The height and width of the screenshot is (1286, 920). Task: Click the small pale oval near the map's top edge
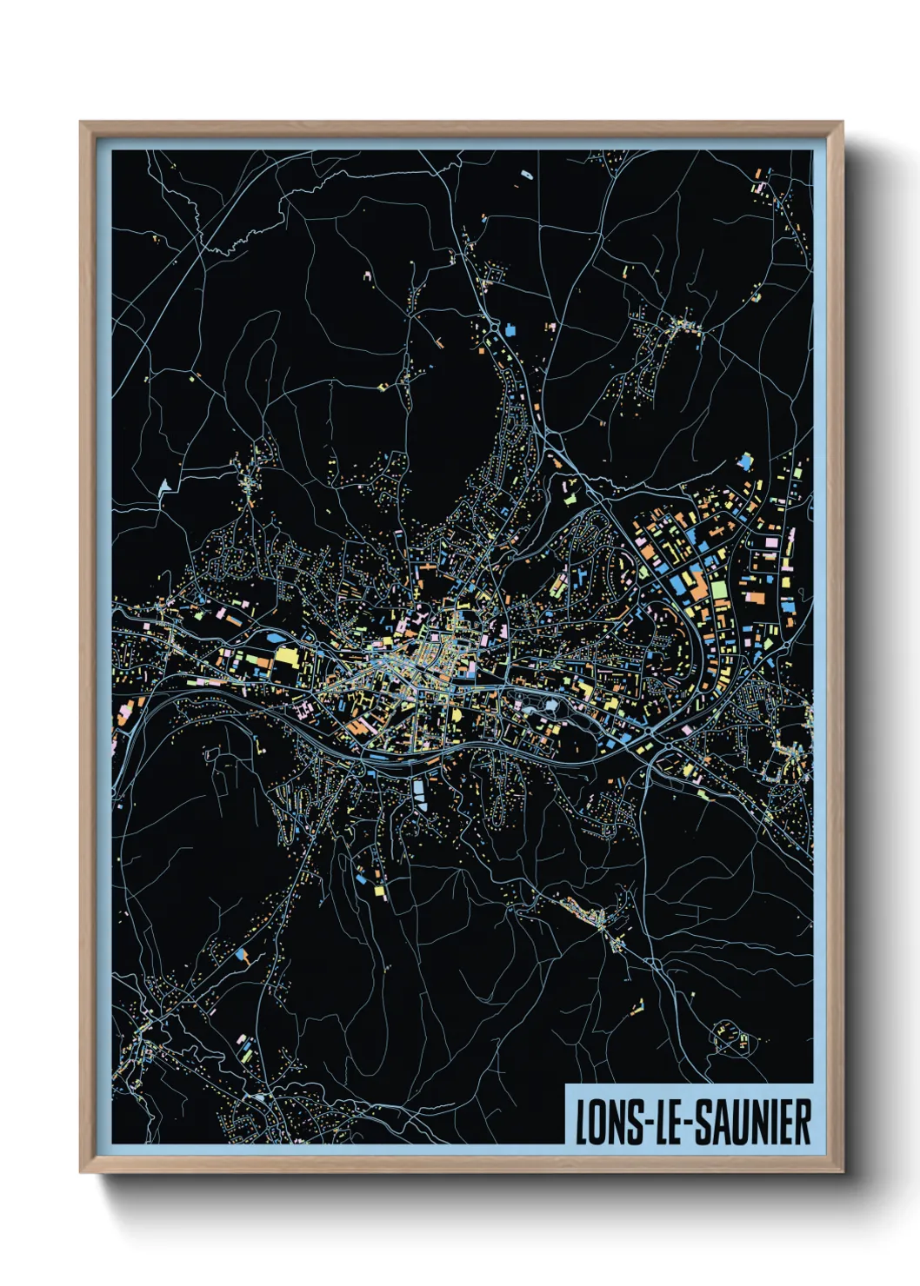click(x=525, y=175)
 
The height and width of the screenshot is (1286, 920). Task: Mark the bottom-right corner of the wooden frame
click(x=841, y=1171)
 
